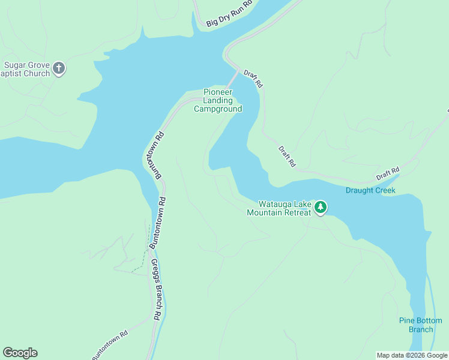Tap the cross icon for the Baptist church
click(59, 68)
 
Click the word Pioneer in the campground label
click(217, 92)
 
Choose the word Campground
click(218, 109)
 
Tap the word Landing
click(217, 101)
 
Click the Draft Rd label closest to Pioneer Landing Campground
click(253, 79)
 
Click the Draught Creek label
click(370, 191)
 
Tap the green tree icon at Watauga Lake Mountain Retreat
click(321, 208)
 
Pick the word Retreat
click(297, 212)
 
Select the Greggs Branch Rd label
click(155, 289)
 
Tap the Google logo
click(20, 353)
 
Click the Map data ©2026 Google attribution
click(412, 355)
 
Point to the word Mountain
click(265, 212)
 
